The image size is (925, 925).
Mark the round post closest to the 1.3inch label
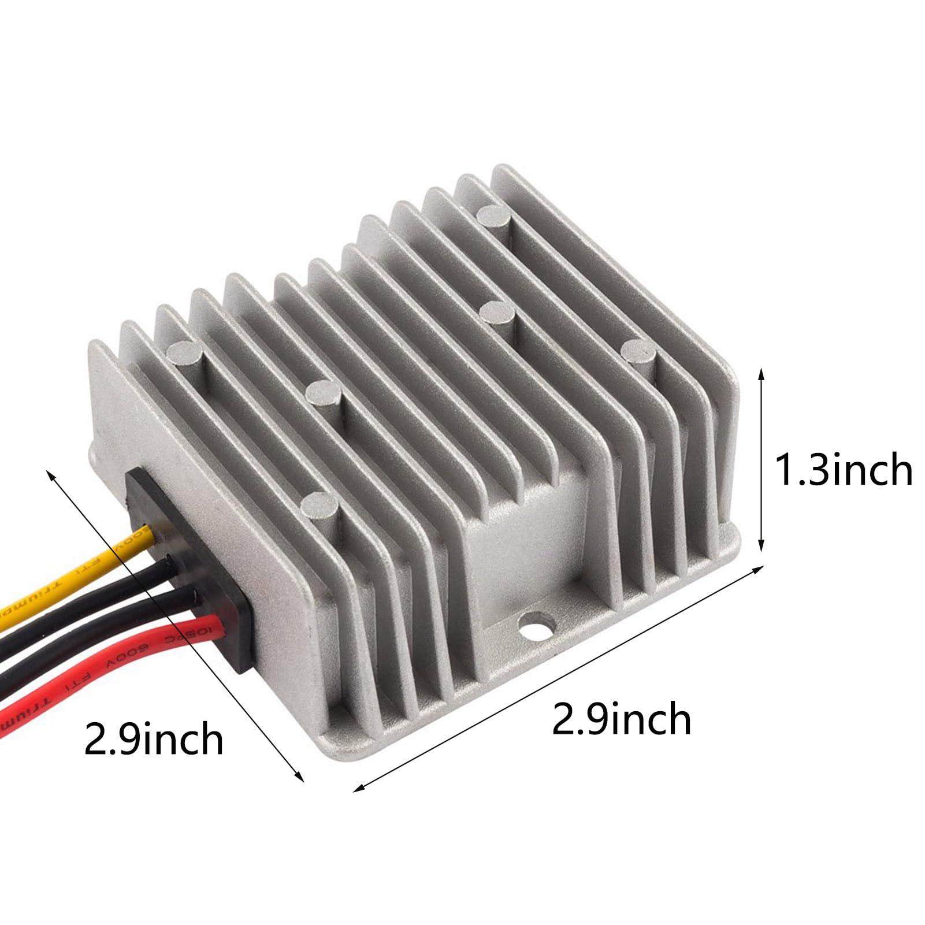pyautogui.click(x=638, y=350)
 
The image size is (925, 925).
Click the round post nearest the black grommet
pyautogui.click(x=318, y=506)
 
